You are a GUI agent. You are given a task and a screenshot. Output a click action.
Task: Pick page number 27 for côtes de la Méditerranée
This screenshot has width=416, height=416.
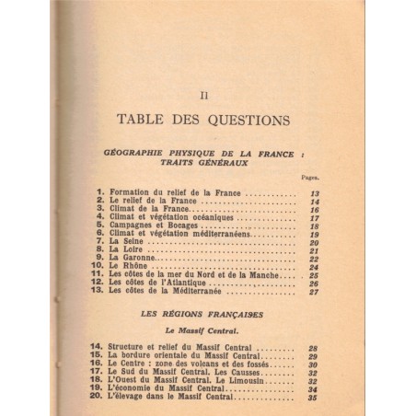pos(314,292)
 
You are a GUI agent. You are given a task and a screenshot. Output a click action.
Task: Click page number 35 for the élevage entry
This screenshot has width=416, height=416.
pos(314,399)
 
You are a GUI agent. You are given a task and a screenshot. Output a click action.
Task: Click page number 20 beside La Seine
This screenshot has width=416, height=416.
pos(314,241)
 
